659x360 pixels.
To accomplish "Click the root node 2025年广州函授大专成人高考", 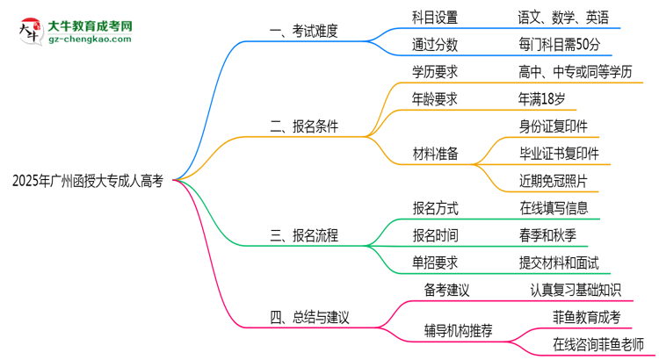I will point(88,182).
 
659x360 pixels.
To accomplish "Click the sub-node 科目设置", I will point(435,18).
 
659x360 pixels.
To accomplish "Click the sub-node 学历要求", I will point(435,72).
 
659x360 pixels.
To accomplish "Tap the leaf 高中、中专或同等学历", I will point(576,72).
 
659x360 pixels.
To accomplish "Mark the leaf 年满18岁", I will point(542,98).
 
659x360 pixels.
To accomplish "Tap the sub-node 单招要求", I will point(435,262).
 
